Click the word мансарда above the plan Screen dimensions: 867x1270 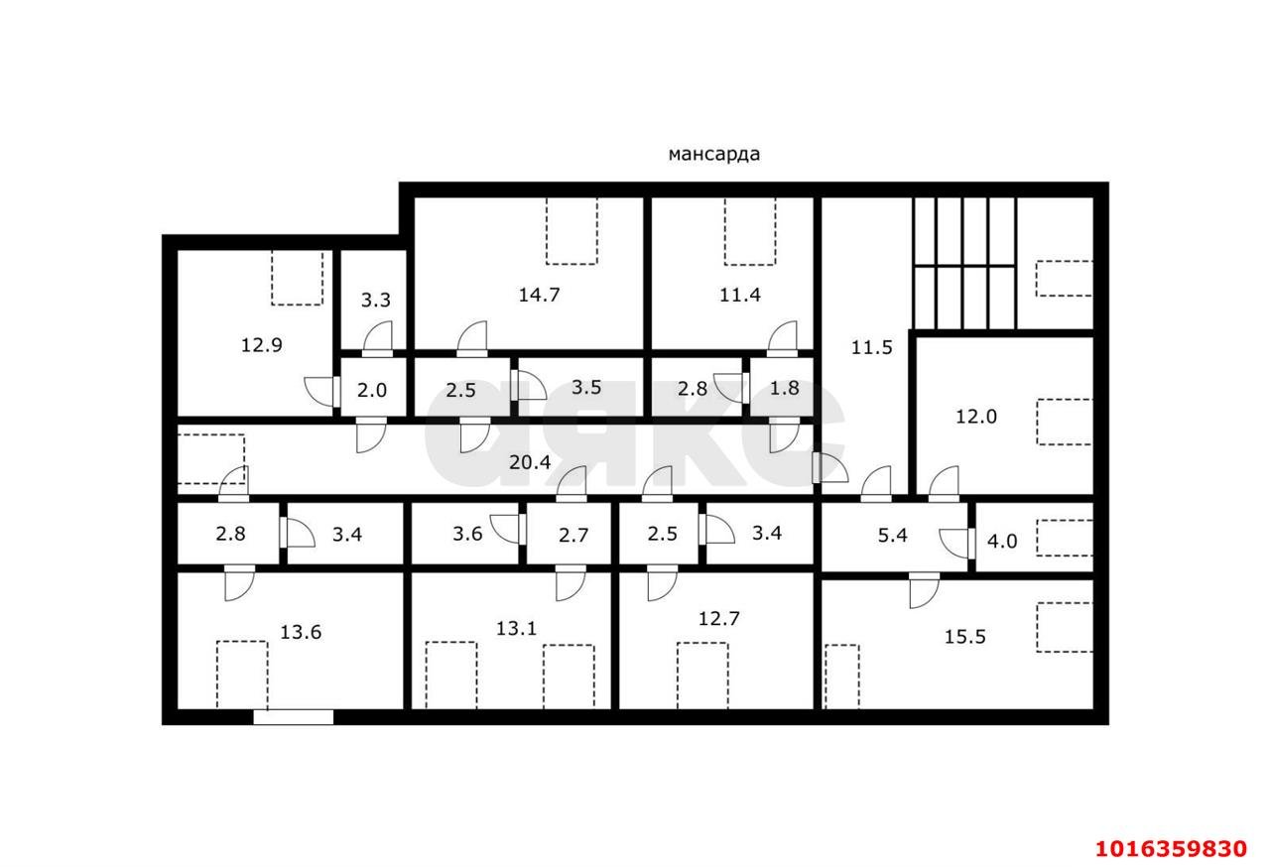713,154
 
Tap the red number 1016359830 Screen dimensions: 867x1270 1170,849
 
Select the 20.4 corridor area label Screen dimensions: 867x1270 530,461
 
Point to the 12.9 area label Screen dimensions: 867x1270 262,345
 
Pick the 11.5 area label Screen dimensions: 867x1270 871,347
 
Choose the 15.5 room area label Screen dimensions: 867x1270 964,637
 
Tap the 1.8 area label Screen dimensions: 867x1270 784,388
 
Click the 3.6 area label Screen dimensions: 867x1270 466,534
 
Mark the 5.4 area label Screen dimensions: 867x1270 893,535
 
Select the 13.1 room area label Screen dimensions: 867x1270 517,627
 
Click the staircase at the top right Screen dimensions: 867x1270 963,263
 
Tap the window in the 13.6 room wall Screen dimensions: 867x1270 293,716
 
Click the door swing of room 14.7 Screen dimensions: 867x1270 472,338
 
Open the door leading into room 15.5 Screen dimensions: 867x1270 924,590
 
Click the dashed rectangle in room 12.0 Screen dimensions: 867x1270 1064,422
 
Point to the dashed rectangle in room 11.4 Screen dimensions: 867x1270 749,230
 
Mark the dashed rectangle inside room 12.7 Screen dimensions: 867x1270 702,675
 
